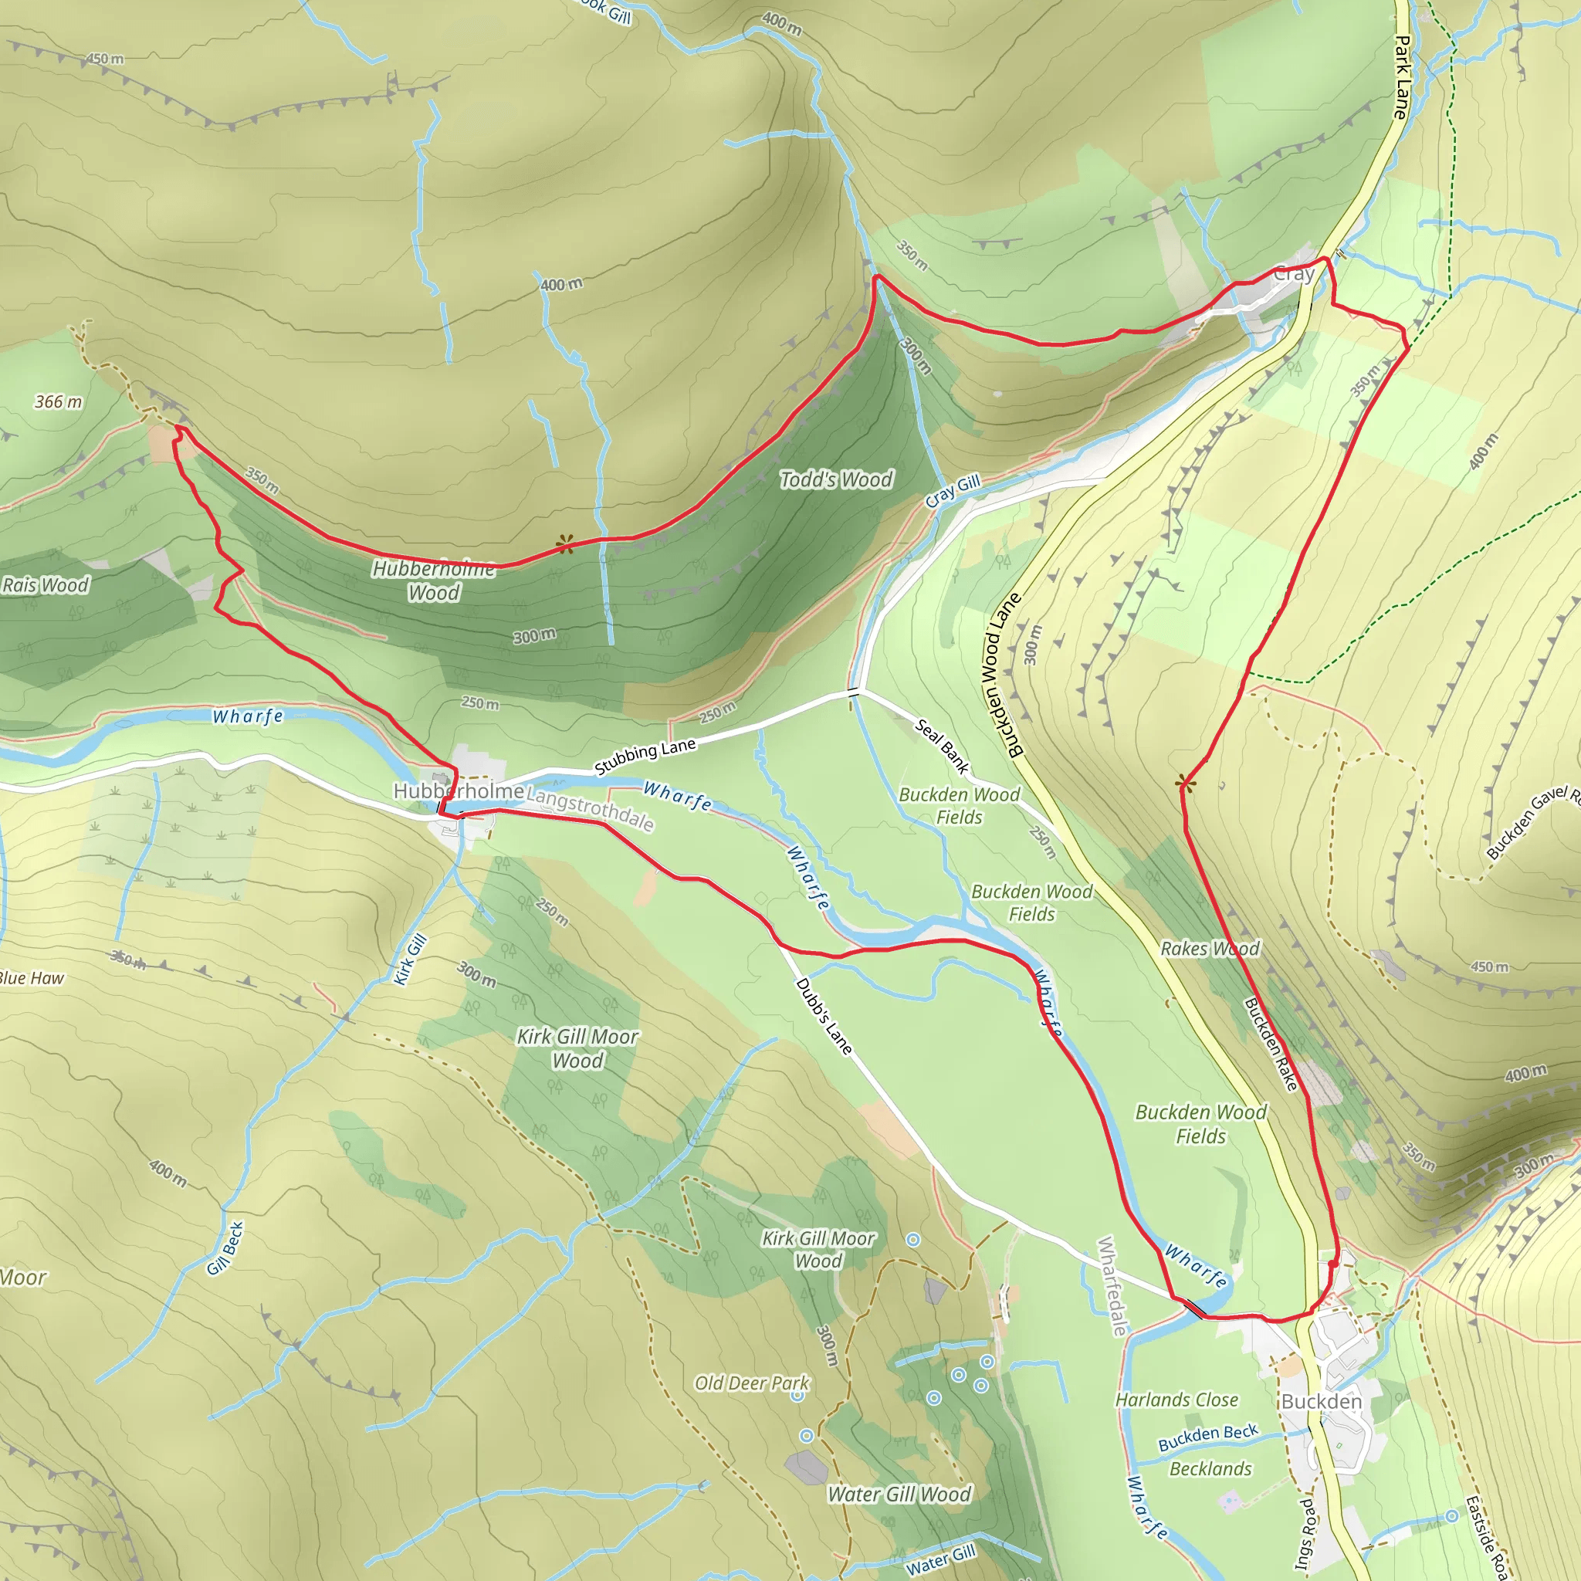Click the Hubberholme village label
tap(459, 791)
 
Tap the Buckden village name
tap(1321, 1402)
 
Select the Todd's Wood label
tap(835, 479)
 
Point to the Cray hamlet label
tap(1294, 274)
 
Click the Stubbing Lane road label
tap(645, 755)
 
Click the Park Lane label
tap(1402, 78)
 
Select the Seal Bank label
tap(942, 746)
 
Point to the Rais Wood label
tap(46, 585)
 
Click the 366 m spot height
tap(58, 401)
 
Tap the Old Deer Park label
tap(751, 1383)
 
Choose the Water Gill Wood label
tap(899, 1495)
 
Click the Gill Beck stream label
tap(225, 1249)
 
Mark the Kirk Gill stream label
tap(410, 959)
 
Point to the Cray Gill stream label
tap(953, 491)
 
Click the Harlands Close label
tap(1176, 1400)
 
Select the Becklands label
tap(1210, 1469)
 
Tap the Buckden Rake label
tap(1271, 1044)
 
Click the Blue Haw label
tap(31, 978)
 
